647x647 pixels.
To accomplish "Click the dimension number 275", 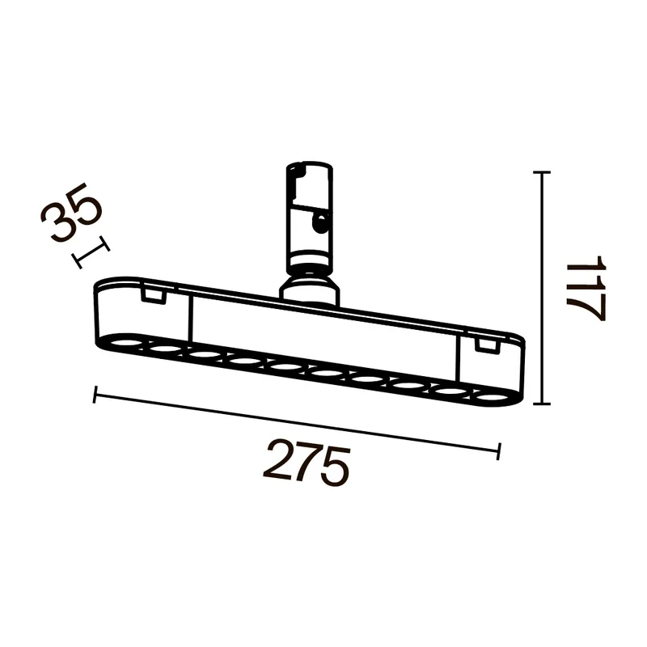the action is point(307,462).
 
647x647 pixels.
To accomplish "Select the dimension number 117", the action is point(586,288).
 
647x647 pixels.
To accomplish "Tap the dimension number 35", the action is point(71,212).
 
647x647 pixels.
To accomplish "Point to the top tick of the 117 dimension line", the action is point(542,171).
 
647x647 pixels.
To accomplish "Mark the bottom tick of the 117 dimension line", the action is point(542,404).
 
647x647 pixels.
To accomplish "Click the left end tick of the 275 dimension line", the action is point(95,395).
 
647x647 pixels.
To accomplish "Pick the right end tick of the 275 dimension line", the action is point(499,451).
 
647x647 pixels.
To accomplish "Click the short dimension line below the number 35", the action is point(91,252).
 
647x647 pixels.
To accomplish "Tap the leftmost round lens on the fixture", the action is point(125,342).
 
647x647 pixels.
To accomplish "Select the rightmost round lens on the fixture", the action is point(491,398).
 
